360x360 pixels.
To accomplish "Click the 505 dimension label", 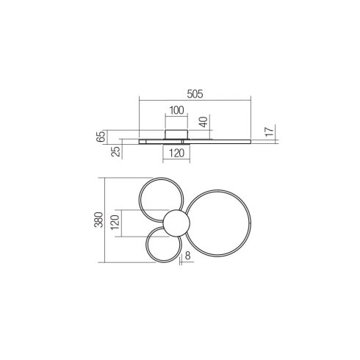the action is pyautogui.click(x=195, y=94).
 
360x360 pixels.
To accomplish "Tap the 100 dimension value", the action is pyautogui.click(x=176, y=110).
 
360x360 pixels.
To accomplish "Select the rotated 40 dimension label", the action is pyautogui.click(x=204, y=122).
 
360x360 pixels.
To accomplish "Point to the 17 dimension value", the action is pyautogui.click(x=270, y=132).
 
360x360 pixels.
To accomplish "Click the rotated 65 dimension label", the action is pyautogui.click(x=101, y=137).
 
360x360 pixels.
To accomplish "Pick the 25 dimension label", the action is pyautogui.click(x=115, y=151).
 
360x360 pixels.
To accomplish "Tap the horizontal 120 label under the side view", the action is pyautogui.click(x=176, y=154).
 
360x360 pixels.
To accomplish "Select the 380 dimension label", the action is pyautogui.click(x=99, y=220).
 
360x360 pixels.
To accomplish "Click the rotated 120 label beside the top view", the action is pyautogui.click(x=115, y=223).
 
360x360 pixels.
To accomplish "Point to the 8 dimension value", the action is pyautogui.click(x=187, y=256).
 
